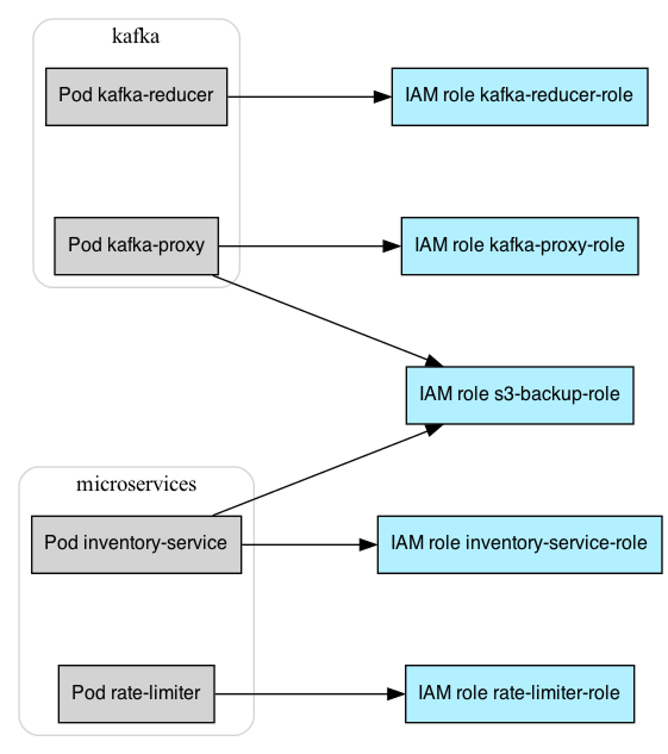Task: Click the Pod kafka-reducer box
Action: click(136, 96)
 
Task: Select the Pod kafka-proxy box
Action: click(136, 246)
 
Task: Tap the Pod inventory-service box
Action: click(136, 544)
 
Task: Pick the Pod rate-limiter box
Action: click(136, 693)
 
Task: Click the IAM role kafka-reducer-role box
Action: click(520, 96)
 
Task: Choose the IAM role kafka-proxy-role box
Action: click(520, 246)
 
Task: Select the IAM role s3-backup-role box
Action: click(520, 395)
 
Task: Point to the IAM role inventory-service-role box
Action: click(520, 544)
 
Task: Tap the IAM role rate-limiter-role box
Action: click(520, 693)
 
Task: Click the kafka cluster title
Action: click(136, 36)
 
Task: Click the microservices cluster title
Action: click(136, 484)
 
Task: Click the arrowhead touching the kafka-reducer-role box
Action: click(383, 97)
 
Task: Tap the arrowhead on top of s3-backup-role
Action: click(434, 361)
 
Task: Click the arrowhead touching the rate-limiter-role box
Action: click(396, 694)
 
